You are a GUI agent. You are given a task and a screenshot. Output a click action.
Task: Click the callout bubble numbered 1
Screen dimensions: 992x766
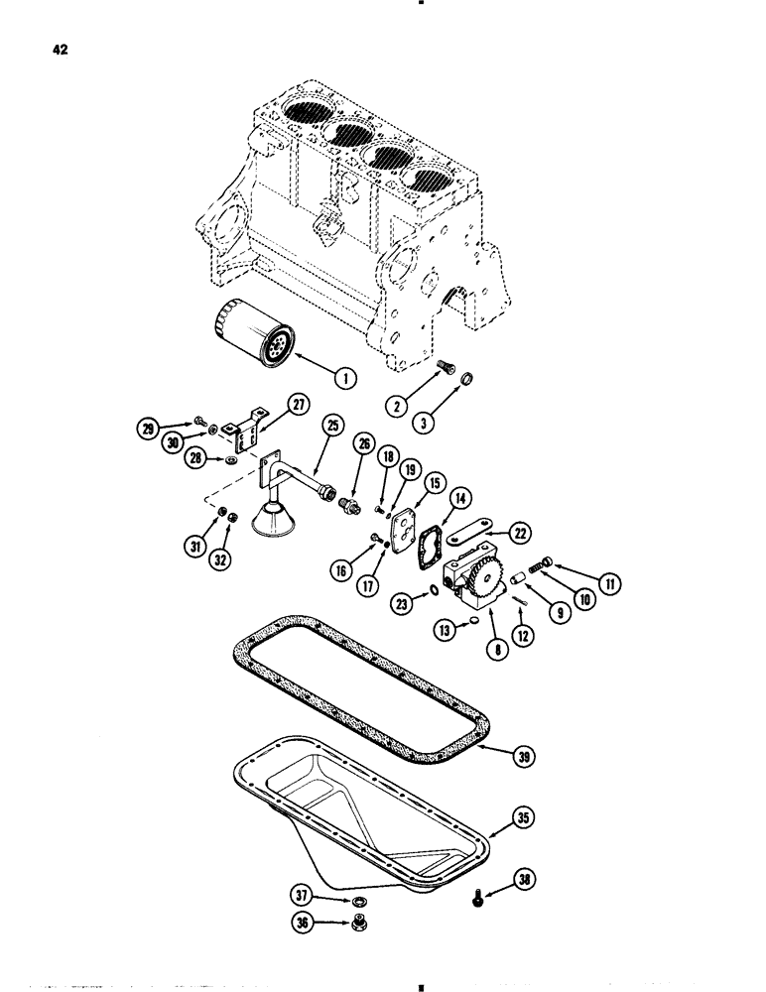[344, 378]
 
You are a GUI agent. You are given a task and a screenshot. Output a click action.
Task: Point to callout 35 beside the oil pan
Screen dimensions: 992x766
[522, 818]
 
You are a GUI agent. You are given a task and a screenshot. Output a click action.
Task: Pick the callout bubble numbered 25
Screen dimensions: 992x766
[330, 426]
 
